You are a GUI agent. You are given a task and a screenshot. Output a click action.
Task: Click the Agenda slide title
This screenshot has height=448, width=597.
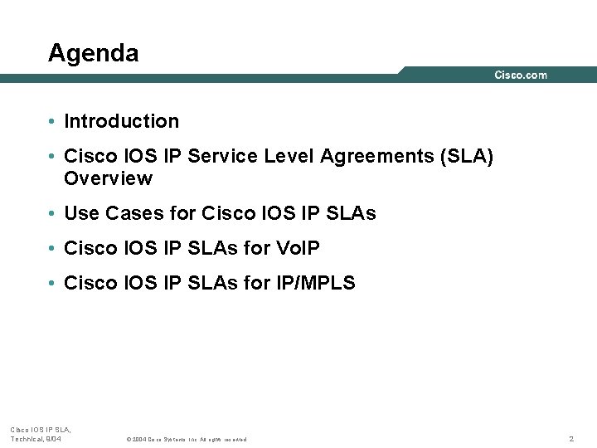93,53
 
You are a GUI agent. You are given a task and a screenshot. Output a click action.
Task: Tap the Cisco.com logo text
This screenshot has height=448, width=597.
521,75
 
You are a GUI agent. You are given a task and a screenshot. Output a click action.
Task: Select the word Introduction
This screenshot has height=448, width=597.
121,121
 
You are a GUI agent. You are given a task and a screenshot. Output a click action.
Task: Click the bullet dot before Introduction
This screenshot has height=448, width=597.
51,122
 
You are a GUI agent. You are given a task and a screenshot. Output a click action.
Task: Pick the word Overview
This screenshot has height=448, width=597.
108,178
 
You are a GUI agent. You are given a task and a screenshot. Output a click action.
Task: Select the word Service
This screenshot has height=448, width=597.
223,157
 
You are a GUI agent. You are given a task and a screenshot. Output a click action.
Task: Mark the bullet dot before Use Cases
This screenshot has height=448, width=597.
51,214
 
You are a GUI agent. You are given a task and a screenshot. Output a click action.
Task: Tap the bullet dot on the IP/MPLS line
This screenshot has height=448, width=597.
51,284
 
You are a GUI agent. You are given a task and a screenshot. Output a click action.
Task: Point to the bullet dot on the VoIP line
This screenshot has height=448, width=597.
51,249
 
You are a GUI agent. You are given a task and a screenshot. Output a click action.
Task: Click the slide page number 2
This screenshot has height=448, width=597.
571,438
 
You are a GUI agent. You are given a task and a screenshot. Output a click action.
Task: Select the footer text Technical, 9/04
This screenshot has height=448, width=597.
36,438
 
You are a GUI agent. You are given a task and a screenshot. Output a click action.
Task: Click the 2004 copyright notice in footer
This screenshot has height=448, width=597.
186,439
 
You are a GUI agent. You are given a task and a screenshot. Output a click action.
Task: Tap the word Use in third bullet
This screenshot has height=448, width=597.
81,213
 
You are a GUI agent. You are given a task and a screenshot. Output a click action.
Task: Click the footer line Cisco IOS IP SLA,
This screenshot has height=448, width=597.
41,429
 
